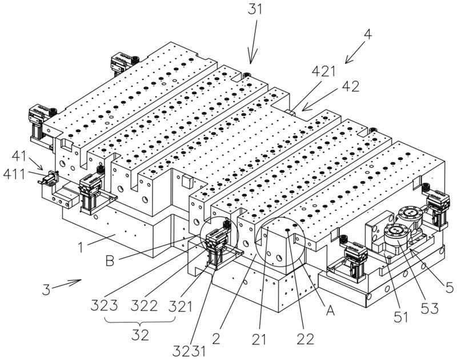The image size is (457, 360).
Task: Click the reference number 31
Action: (x=255, y=9)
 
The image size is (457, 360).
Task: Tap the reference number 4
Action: (x=368, y=35)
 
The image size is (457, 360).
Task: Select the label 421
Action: (x=324, y=71)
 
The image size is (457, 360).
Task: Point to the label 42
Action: (x=351, y=87)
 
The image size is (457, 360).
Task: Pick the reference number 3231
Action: (x=189, y=351)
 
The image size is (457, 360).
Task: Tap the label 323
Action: (x=104, y=306)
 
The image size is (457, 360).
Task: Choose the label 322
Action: (x=145, y=306)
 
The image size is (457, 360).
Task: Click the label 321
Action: (x=181, y=306)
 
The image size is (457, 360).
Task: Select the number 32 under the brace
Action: (x=140, y=335)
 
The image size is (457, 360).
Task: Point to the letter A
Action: (x=330, y=311)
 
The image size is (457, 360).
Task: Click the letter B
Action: (x=110, y=261)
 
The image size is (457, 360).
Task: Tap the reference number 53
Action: (x=430, y=309)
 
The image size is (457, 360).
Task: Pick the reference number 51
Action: (x=401, y=317)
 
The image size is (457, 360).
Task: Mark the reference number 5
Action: (x=450, y=288)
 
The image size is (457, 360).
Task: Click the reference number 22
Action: (x=306, y=339)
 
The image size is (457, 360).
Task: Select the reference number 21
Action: (x=259, y=339)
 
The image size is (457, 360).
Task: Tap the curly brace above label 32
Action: (x=140, y=321)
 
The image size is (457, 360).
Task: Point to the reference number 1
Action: (x=81, y=247)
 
